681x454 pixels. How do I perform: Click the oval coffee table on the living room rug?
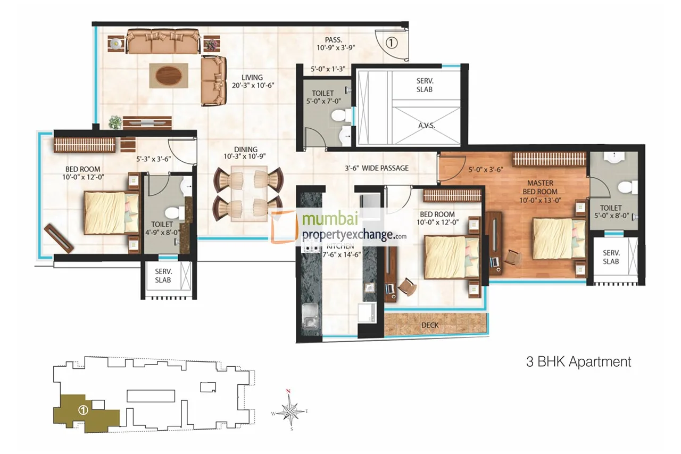[168, 75]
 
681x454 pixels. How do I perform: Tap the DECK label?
[430, 325]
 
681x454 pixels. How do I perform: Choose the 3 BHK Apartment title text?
[578, 362]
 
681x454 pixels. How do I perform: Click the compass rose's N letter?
[288, 392]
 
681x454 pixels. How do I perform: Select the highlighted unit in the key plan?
[82, 411]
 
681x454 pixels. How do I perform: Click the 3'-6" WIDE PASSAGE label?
[377, 168]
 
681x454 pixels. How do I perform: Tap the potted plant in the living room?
[115, 122]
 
